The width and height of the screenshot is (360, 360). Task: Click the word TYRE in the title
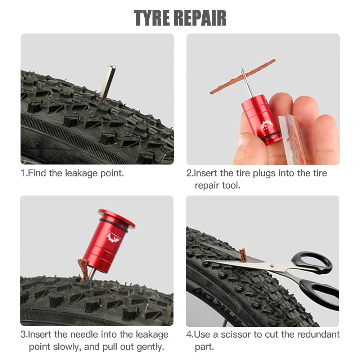coord(155,18)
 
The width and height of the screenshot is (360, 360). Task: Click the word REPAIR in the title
coord(203,18)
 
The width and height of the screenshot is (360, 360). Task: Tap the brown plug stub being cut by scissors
coord(243,255)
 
